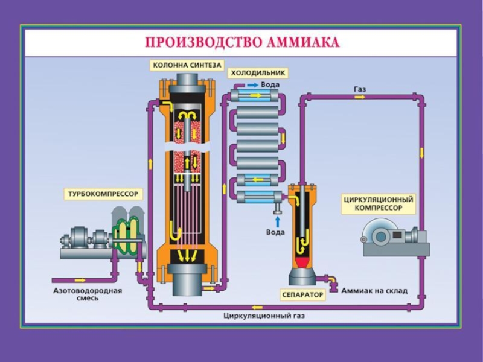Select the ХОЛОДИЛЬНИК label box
click(x=257, y=73)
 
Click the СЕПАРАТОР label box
click(x=302, y=295)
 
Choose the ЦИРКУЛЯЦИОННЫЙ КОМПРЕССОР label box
click(x=379, y=203)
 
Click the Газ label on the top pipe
click(x=359, y=89)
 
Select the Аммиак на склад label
click(x=374, y=291)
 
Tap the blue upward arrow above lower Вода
click(x=277, y=220)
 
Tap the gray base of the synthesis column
click(x=186, y=284)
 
